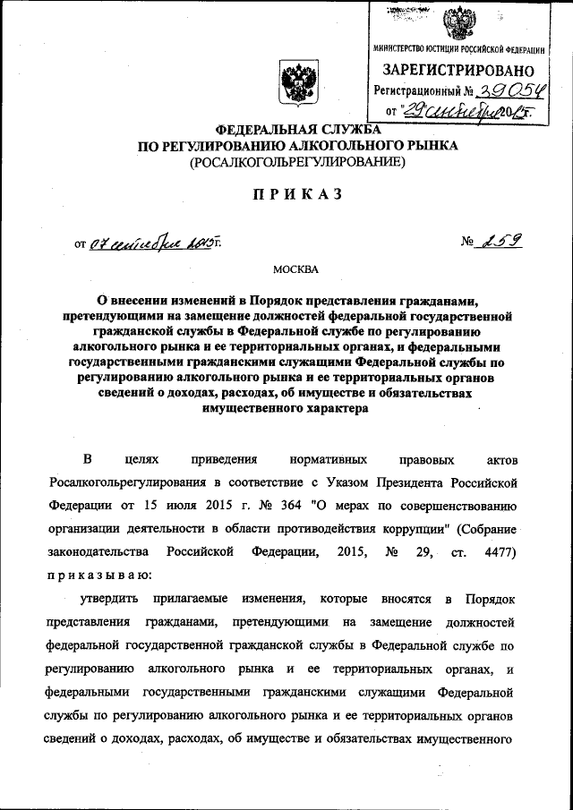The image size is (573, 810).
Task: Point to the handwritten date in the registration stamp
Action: pyautogui.click(x=462, y=110)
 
